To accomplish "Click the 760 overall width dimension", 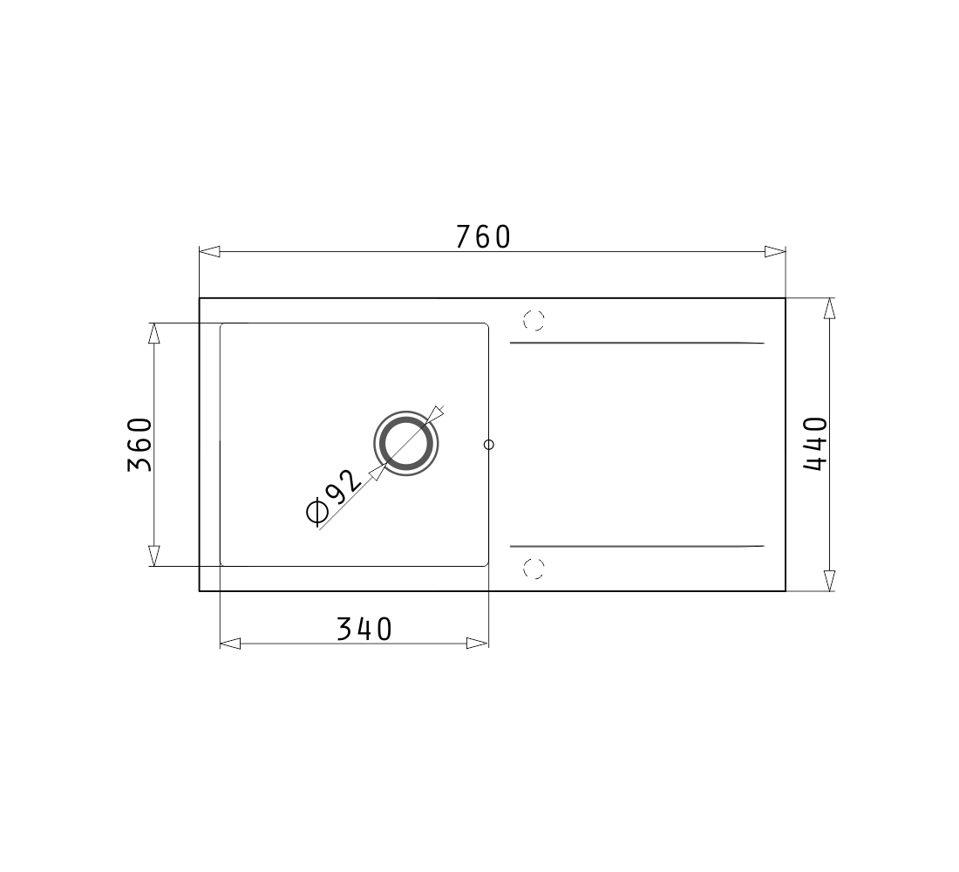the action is click(x=483, y=237).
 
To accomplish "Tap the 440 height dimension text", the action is click(x=815, y=444).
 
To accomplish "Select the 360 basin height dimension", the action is click(x=139, y=444).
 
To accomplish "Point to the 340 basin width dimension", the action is click(x=364, y=629).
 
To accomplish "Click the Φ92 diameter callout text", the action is click(x=334, y=497).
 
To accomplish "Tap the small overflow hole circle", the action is click(x=489, y=445).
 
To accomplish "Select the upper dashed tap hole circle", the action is click(x=534, y=320).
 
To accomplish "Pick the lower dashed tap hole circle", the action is click(x=534, y=569).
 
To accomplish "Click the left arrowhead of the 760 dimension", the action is click(x=210, y=251).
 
